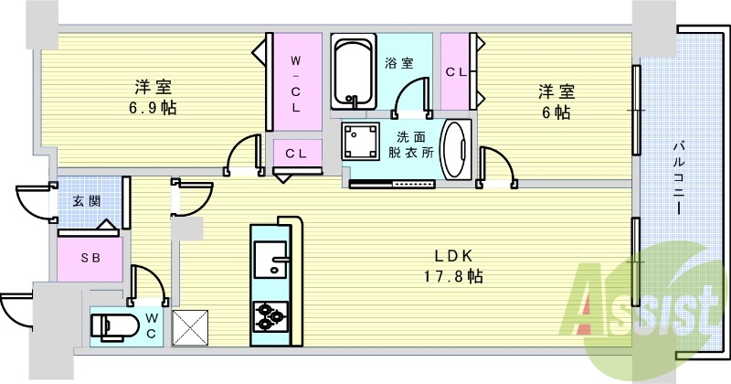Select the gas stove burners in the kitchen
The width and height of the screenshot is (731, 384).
pos(270,315)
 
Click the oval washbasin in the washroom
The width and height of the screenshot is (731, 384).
pos(454,145)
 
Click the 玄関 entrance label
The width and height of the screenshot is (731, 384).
pos(87,201)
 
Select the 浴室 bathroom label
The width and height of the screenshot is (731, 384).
pos(399,63)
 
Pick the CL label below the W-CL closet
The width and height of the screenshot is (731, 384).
pos(295,154)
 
